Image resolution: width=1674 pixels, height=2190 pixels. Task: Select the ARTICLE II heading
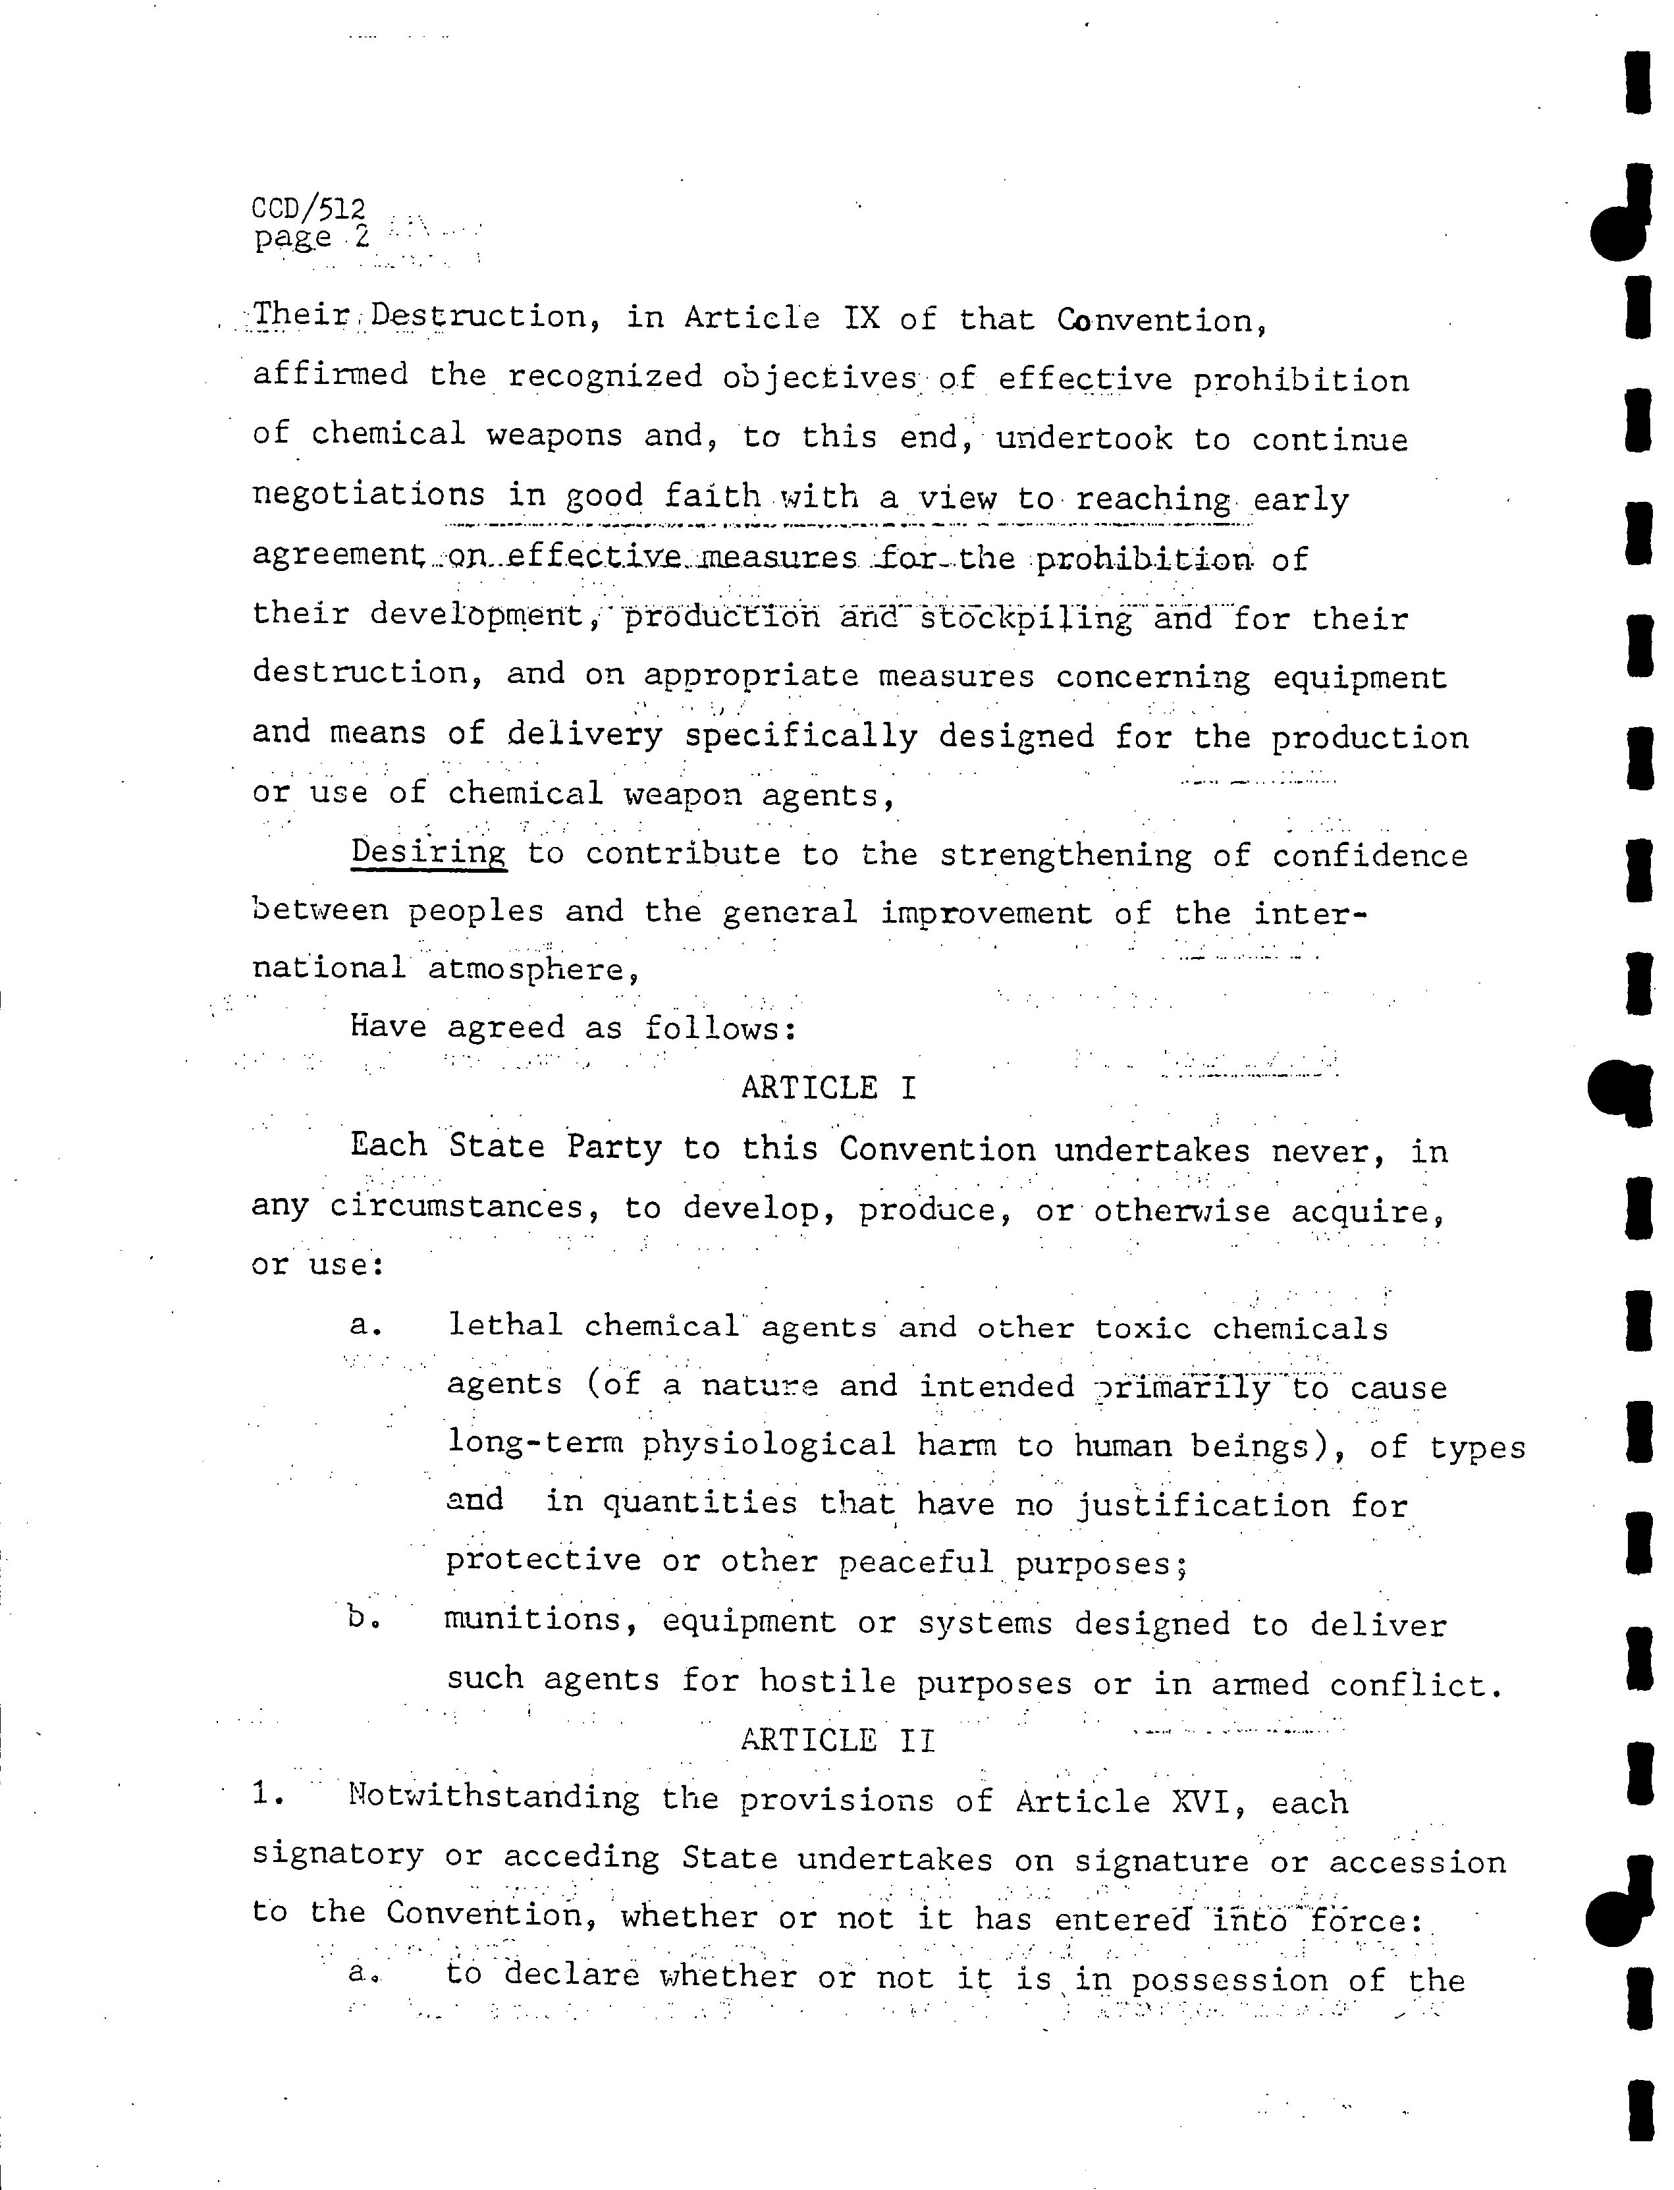click(x=838, y=1741)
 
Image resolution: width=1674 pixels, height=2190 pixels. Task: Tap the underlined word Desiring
click(x=429, y=853)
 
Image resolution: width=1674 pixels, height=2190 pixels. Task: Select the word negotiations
click(x=369, y=495)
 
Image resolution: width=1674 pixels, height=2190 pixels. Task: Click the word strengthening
click(x=1065, y=856)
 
